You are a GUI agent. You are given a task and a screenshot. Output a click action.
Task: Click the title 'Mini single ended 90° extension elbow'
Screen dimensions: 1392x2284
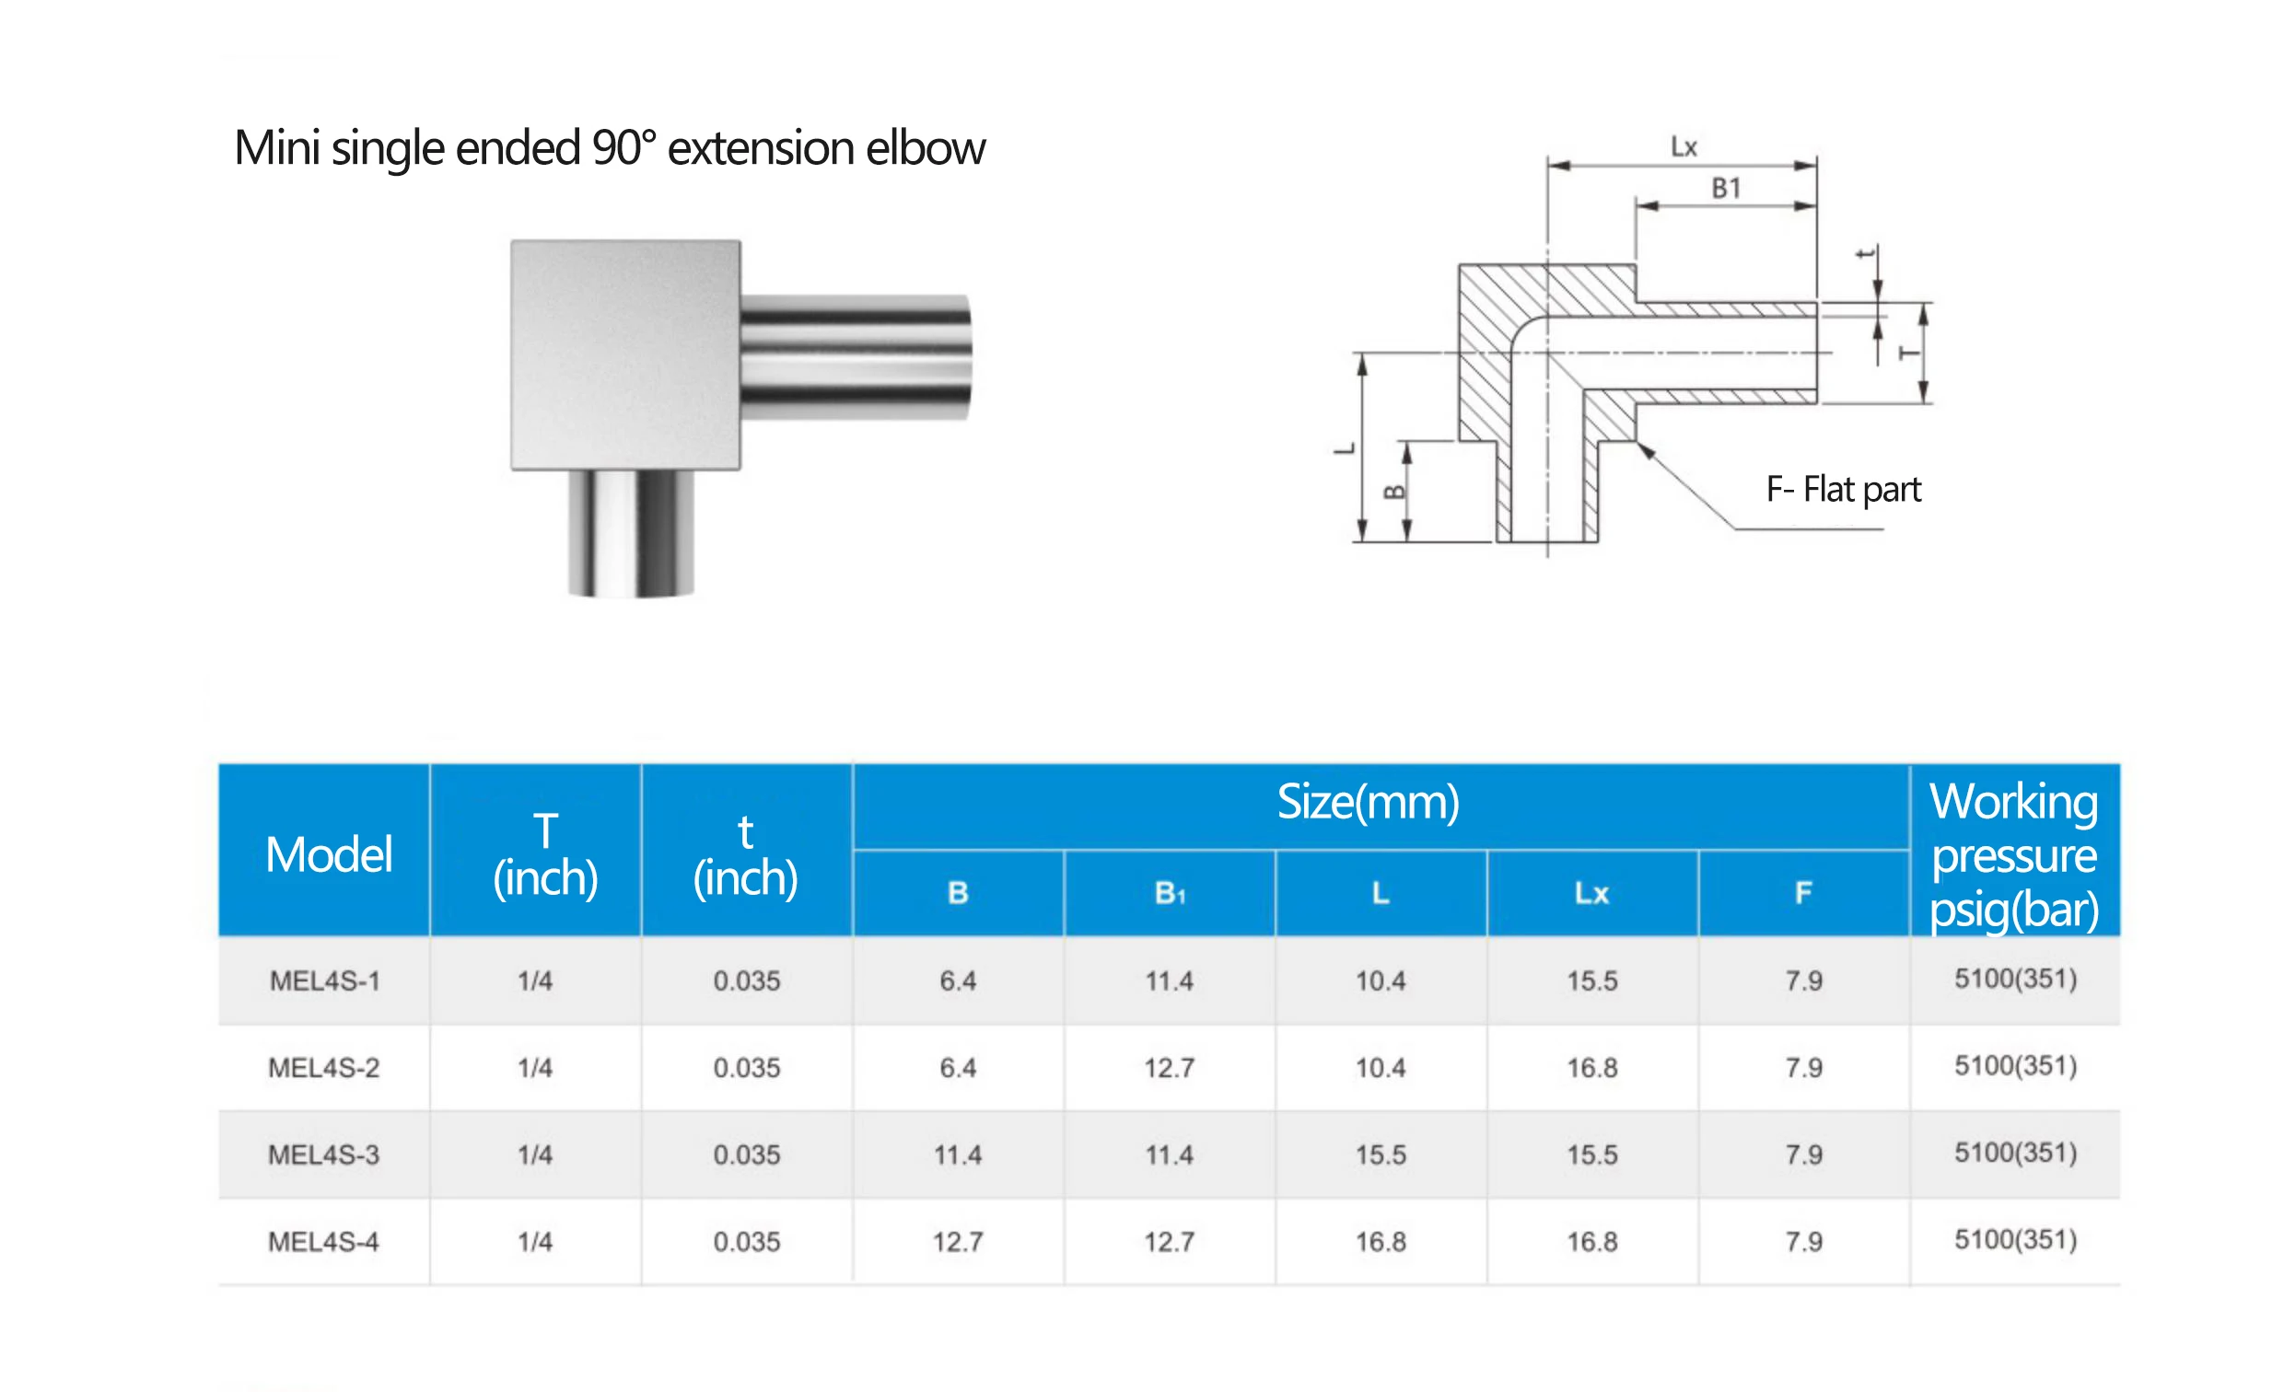[609, 148]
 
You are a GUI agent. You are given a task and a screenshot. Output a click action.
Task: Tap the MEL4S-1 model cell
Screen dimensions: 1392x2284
[324, 980]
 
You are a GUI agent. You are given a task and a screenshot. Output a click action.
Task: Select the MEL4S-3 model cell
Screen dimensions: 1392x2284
[323, 1154]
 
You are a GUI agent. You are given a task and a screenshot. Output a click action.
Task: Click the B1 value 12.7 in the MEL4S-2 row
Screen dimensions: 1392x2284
[1169, 1068]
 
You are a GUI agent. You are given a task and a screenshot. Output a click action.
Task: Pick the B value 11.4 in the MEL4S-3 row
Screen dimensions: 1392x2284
[958, 1154]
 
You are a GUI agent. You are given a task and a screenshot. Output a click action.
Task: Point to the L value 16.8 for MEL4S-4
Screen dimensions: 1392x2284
[1381, 1242]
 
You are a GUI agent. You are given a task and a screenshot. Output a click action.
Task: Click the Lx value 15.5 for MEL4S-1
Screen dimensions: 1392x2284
[1591, 980]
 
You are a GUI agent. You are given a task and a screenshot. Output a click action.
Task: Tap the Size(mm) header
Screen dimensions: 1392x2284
[1369, 803]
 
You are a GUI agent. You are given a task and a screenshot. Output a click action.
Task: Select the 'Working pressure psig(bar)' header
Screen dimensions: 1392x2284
[2013, 854]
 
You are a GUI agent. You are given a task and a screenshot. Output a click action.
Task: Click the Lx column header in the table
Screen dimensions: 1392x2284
[1591, 892]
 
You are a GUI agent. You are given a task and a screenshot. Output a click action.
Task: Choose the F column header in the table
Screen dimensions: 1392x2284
[1803, 892]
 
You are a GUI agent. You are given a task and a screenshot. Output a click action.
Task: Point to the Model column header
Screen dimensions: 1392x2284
[328, 854]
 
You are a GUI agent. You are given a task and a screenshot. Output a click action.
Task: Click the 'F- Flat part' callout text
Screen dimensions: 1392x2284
[1843, 489]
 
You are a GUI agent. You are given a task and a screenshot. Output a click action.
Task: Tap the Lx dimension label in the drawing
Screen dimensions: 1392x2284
[1684, 147]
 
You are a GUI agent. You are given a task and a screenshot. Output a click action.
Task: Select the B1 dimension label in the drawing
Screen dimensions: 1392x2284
[1725, 189]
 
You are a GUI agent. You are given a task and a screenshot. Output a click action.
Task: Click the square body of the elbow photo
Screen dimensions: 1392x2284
[624, 354]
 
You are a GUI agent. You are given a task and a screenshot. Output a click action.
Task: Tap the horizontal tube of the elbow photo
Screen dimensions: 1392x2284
[855, 357]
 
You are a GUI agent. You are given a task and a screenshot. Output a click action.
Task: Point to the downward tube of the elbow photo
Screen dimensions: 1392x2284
[630, 532]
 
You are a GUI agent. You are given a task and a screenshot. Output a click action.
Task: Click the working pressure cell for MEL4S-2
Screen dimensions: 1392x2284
[2015, 1066]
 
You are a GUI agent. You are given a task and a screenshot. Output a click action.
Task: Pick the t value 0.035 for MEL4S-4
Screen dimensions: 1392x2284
[746, 1242]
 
